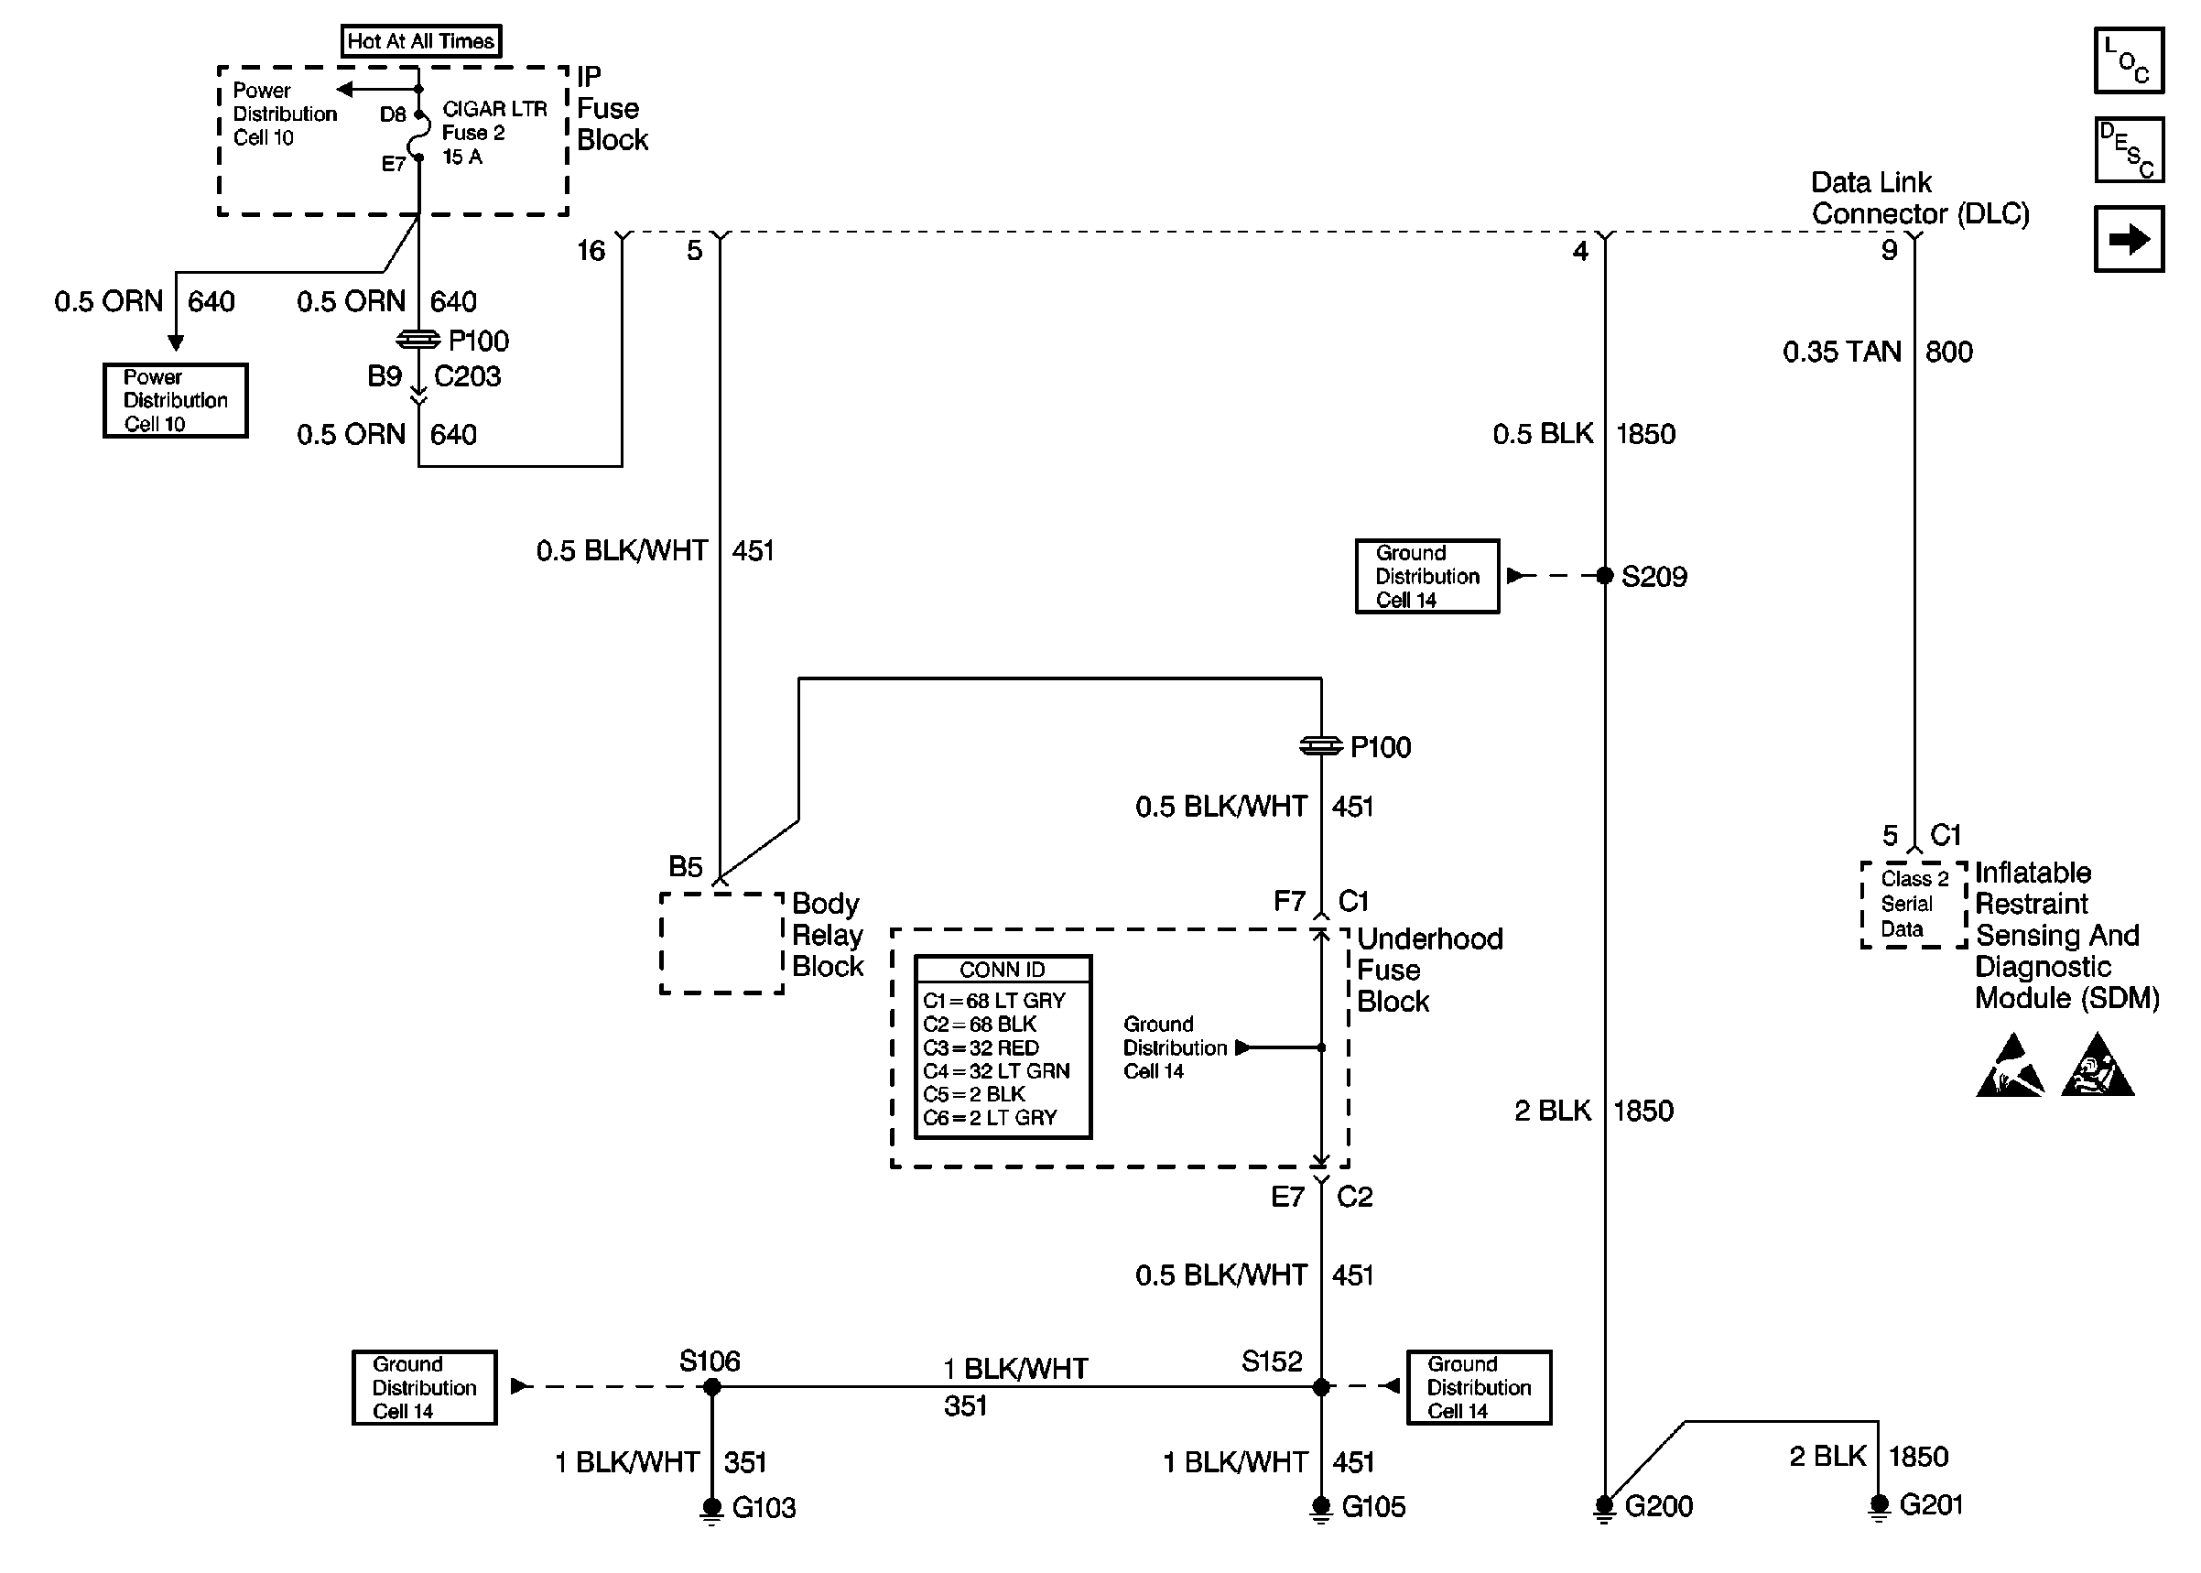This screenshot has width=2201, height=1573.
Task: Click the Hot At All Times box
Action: pyautogui.click(x=421, y=40)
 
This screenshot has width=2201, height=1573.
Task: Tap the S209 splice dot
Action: pyautogui.click(x=1604, y=576)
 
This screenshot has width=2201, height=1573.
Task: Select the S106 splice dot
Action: pyautogui.click(x=711, y=1387)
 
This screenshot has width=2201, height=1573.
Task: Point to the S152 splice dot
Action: pyautogui.click(x=1321, y=1387)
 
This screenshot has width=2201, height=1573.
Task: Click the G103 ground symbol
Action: pyautogui.click(x=711, y=1509)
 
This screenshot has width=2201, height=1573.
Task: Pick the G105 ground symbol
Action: pyautogui.click(x=1321, y=1509)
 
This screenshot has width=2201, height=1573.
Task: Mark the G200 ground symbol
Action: pyautogui.click(x=1604, y=1508)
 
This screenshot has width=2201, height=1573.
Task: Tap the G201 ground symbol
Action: pyautogui.click(x=1879, y=1507)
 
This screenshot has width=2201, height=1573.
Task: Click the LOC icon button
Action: pyautogui.click(x=2129, y=60)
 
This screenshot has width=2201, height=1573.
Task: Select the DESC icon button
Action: pyautogui.click(x=2129, y=150)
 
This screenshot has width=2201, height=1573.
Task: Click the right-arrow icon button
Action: pyautogui.click(x=2129, y=238)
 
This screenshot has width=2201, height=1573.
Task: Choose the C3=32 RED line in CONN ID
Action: pyautogui.click(x=981, y=1048)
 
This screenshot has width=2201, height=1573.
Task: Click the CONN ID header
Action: pyautogui.click(x=1003, y=970)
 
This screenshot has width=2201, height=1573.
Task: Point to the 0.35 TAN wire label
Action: pyautogui.click(x=1842, y=352)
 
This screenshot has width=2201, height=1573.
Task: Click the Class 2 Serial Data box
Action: pyautogui.click(x=1914, y=904)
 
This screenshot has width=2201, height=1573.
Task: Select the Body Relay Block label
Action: pyautogui.click(x=827, y=935)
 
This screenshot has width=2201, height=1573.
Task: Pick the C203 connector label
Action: pyautogui.click(x=467, y=377)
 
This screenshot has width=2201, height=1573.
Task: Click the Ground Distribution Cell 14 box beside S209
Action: pyautogui.click(x=1426, y=576)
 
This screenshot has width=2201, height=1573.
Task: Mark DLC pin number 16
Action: pyautogui.click(x=591, y=251)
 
